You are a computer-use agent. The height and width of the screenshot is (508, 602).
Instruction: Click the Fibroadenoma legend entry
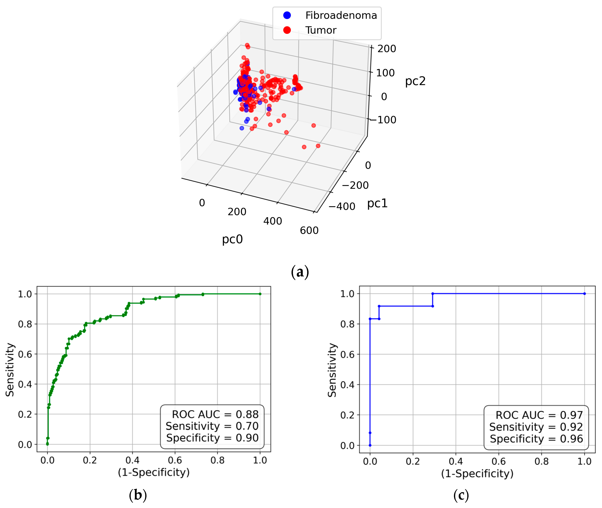pyautogui.click(x=341, y=15)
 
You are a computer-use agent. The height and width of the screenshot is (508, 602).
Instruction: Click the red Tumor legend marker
pyautogui.click(x=287, y=30)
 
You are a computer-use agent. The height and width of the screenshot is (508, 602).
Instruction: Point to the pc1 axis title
pyautogui.click(x=377, y=203)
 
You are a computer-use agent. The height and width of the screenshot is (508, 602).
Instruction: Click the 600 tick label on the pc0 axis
pyautogui.click(x=309, y=230)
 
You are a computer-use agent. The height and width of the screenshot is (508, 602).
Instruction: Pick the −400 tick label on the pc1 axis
pyautogui.click(x=342, y=207)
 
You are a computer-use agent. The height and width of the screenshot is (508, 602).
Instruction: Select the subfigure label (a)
pyautogui.click(x=300, y=272)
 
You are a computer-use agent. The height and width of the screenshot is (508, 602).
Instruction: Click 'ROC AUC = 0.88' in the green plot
pyautogui.click(x=215, y=414)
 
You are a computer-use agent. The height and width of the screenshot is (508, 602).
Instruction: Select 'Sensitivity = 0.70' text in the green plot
pyautogui.click(x=212, y=426)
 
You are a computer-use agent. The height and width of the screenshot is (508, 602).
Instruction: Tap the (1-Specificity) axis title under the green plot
pyautogui.click(x=154, y=472)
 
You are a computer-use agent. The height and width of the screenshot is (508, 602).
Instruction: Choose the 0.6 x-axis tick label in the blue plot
pyautogui.click(x=499, y=461)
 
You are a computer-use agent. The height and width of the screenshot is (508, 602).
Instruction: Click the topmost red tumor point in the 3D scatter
pyautogui.click(x=247, y=45)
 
